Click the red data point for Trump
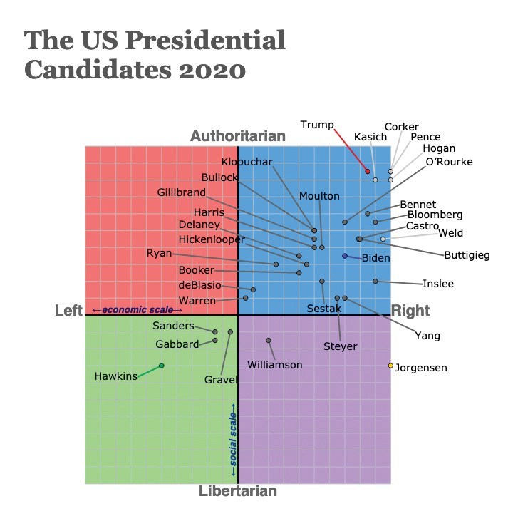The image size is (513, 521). (368, 171)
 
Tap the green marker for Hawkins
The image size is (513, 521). (161, 366)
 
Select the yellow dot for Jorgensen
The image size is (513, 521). (390, 366)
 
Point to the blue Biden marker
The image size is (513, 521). (345, 256)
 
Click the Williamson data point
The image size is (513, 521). (269, 341)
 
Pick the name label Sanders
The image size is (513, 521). (173, 326)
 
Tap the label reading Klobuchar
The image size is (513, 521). (247, 162)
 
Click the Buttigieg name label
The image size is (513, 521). (467, 255)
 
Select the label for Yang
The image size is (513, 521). (427, 336)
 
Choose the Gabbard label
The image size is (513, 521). (177, 344)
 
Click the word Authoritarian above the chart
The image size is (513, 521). (238, 136)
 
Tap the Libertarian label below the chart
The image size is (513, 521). (238, 491)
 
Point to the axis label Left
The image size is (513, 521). (68, 310)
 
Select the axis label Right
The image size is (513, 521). (410, 310)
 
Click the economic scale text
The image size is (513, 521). (137, 309)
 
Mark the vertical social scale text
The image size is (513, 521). (232, 435)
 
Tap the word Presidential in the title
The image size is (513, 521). (212, 40)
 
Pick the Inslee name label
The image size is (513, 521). (438, 284)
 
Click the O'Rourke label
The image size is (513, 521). (449, 161)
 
